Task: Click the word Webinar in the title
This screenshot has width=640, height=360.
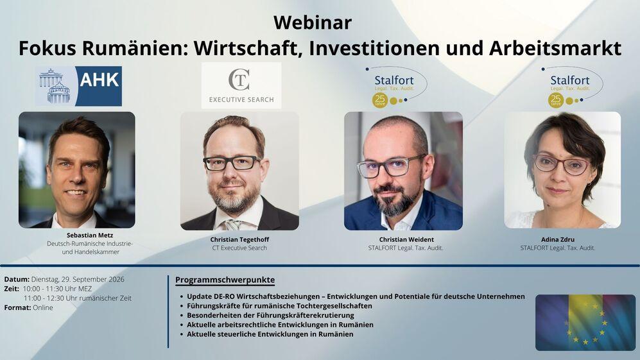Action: coord(313,22)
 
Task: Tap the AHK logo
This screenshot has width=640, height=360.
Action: coord(78,86)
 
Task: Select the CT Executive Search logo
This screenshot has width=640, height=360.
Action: coord(241,85)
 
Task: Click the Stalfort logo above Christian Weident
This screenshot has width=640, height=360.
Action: coord(396,87)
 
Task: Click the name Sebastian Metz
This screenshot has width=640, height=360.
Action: coord(90,235)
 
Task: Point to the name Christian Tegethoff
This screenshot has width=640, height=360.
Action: coord(239,239)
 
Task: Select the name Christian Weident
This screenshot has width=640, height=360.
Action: coord(406,239)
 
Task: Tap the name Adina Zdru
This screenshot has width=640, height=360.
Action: coord(558,239)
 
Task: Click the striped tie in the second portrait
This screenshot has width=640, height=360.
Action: coord(232,225)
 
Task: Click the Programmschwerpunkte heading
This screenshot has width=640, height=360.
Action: coord(225,280)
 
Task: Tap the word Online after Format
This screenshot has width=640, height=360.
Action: coord(43,307)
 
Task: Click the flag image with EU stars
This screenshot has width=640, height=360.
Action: coord(585,322)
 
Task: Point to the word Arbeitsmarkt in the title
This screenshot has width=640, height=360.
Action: coord(555,48)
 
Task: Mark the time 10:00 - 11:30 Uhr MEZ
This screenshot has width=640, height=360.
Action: coord(57,289)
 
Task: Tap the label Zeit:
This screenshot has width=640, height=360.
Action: coord(12,289)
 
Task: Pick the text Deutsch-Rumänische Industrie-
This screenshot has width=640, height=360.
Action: coord(90,244)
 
